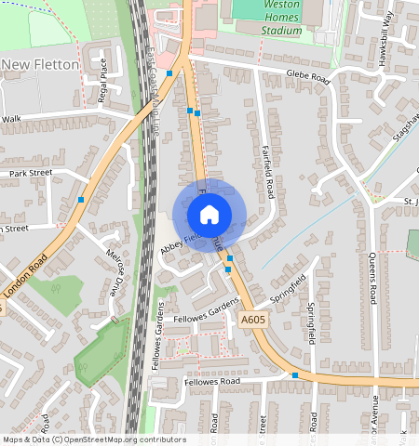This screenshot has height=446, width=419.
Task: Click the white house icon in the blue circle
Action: tap(209, 215)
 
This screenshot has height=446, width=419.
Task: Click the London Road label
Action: tap(25, 280)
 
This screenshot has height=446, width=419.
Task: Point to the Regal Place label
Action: tap(104, 72)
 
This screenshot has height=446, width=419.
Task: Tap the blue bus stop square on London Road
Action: tap(82, 199)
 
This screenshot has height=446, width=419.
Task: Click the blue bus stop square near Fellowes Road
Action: tap(294, 375)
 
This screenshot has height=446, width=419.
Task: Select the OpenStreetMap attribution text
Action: tap(94, 439)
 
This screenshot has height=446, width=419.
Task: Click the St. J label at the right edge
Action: tap(410, 201)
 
